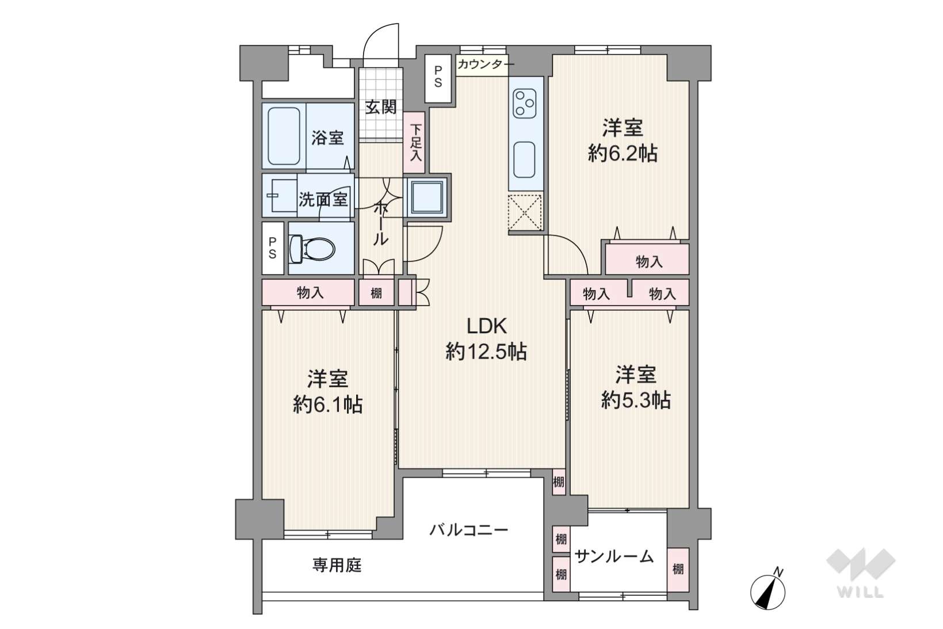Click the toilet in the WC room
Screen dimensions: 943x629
312,249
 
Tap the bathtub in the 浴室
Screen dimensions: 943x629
284,136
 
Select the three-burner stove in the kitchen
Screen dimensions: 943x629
525,104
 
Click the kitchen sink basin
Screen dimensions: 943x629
525,159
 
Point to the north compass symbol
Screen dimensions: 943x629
768,589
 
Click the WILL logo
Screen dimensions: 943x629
861,573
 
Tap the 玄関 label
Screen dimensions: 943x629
381,107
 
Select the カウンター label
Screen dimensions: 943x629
486,65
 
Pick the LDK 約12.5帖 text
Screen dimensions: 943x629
486,338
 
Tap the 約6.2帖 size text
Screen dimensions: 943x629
623,154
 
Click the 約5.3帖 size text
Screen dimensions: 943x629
636,399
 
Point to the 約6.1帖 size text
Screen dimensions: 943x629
328,404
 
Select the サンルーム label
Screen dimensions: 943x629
614,556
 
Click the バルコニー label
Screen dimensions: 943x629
469,529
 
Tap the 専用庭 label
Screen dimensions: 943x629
337,565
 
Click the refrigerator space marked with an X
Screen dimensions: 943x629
525,212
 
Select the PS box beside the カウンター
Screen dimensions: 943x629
438,78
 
